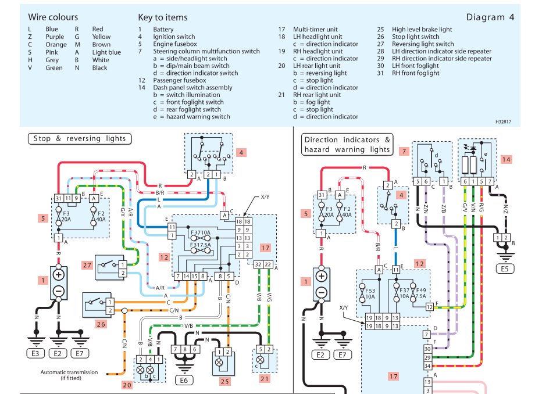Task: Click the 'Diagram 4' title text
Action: (490, 17)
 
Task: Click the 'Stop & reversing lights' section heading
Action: (79, 138)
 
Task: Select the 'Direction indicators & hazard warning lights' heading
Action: (348, 145)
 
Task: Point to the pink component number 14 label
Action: (505, 159)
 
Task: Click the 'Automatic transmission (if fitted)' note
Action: (69, 375)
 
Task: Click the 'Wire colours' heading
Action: (53, 17)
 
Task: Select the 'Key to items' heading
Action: (163, 17)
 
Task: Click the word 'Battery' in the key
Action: (163, 30)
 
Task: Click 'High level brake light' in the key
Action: (422, 30)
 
